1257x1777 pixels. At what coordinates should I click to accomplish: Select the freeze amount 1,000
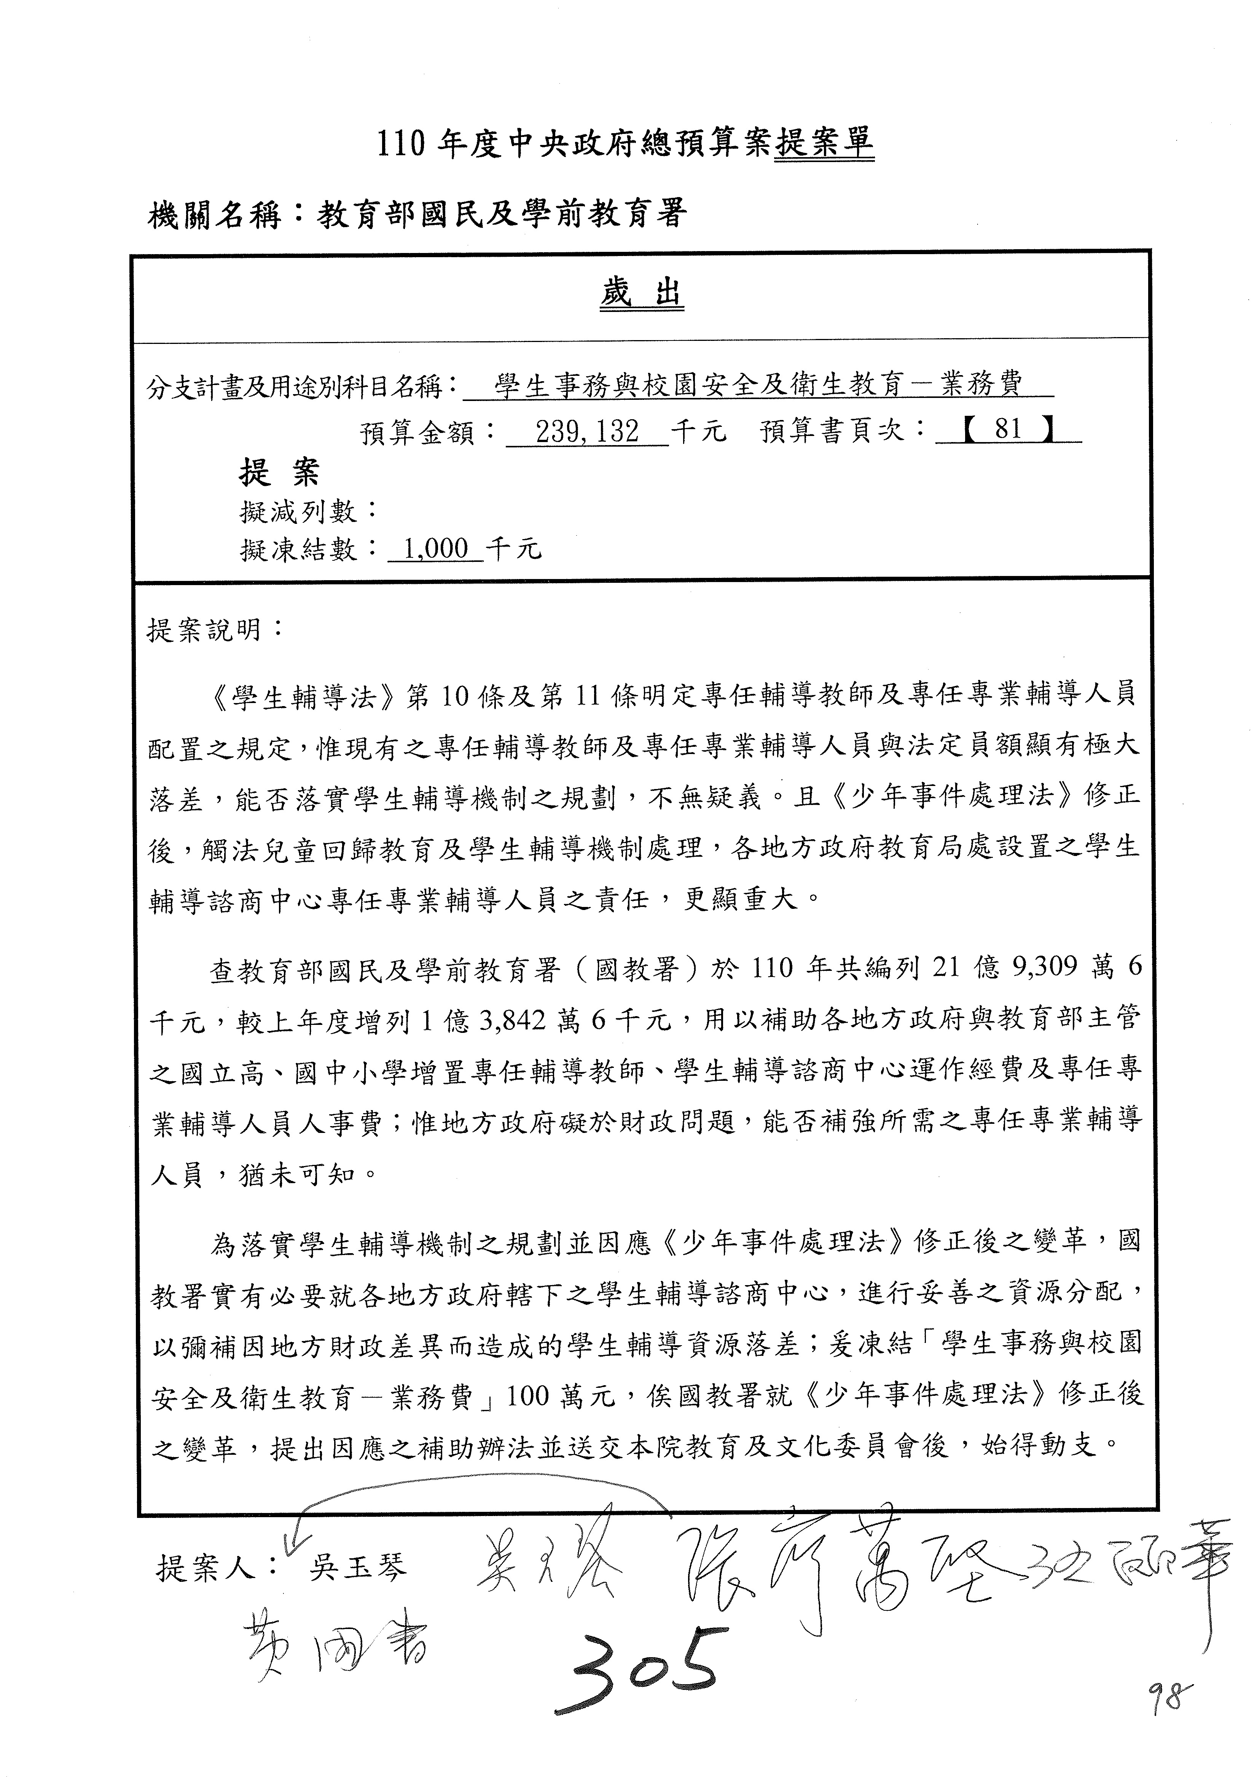click(x=435, y=549)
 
